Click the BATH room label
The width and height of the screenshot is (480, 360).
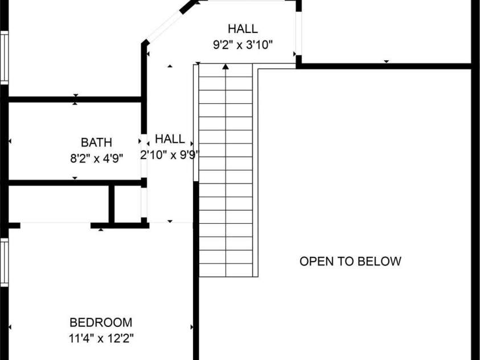click(96, 142)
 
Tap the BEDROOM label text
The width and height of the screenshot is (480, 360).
click(101, 322)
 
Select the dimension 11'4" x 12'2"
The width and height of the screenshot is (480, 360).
click(101, 338)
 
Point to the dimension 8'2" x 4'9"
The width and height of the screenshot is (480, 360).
click(96, 158)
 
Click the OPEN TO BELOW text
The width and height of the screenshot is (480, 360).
click(351, 261)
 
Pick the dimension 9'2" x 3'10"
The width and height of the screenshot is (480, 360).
click(243, 45)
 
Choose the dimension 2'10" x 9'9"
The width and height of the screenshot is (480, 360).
click(170, 155)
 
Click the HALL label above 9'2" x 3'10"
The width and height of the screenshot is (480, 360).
click(243, 29)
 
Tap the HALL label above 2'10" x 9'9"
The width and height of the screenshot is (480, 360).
click(170, 139)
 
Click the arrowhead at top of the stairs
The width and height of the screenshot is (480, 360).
click(225, 67)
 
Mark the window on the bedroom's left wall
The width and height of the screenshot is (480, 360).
click(5, 263)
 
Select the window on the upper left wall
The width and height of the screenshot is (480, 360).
click(5, 58)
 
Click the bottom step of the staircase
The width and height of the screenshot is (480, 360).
click(225, 271)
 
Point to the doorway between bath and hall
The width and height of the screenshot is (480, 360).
click(144, 156)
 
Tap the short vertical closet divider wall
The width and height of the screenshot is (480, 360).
click(112, 204)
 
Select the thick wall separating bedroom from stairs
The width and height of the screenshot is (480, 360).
click(196, 271)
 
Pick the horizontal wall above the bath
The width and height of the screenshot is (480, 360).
click(75, 100)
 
